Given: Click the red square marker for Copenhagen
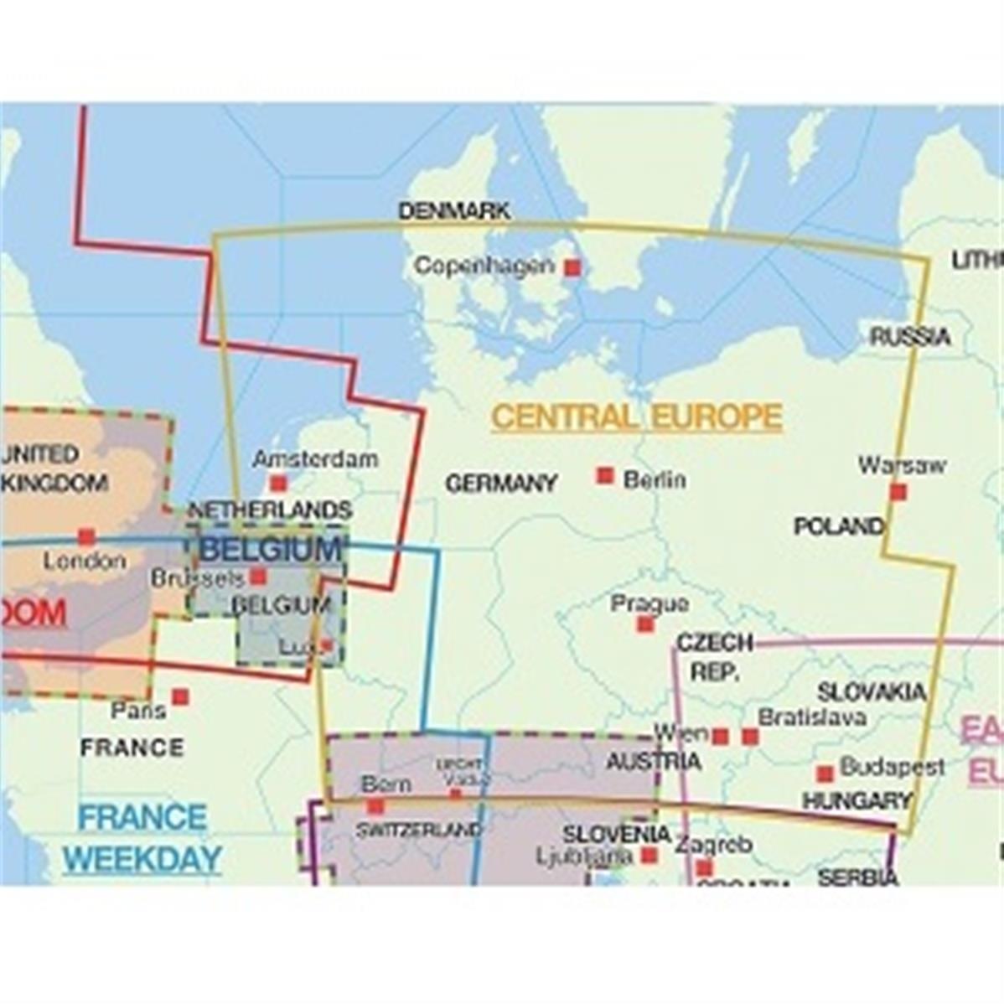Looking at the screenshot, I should coord(572,267).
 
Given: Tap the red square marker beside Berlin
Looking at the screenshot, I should coord(605,476).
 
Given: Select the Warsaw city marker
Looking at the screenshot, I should coord(898,492).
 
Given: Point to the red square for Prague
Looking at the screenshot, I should coord(645,624).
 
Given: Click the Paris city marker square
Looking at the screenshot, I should coord(180,696).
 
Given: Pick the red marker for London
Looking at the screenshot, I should coord(86,536).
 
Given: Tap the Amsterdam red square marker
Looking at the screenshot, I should coord(278,484).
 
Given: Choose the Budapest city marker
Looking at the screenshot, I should coord(825,774).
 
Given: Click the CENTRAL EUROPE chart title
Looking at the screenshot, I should coord(637,417).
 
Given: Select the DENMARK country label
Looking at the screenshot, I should coord(454,211).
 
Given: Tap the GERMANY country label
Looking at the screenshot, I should coord(501,484).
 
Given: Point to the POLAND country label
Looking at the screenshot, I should coord(839,526).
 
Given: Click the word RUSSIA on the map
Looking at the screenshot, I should coord(910,337).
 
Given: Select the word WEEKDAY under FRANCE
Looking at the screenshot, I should coord(142,859).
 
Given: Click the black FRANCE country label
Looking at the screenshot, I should coord(132,748).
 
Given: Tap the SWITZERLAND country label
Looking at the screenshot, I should coord(419,831).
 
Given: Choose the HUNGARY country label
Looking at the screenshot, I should coord(857,801).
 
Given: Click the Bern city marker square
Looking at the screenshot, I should coord(375,806).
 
